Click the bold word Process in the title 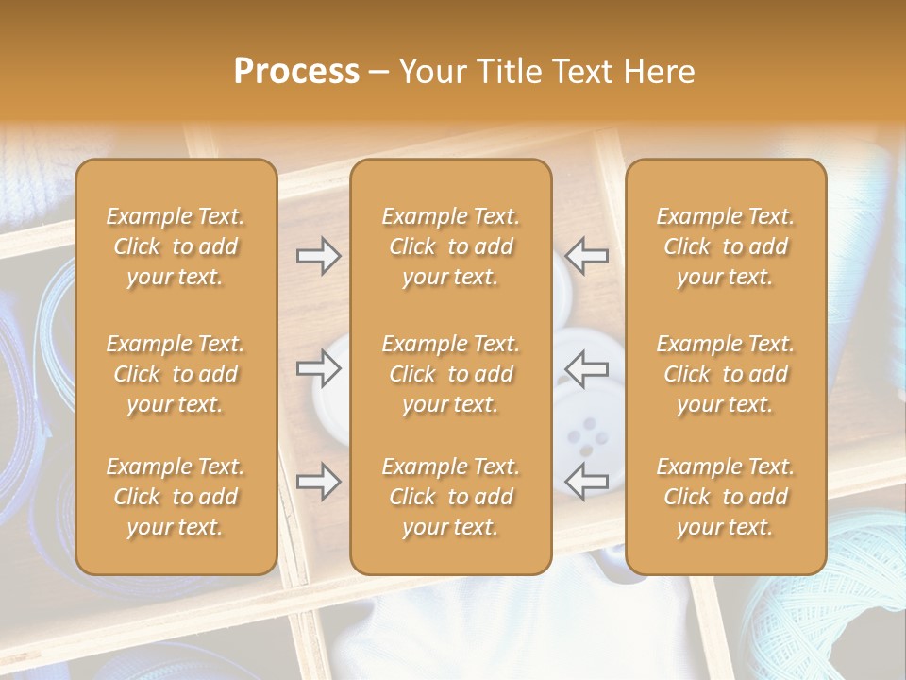click(x=296, y=72)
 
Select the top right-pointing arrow click(x=318, y=256)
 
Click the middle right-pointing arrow click(x=318, y=368)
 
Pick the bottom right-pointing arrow click(x=318, y=482)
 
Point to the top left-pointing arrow click(x=587, y=256)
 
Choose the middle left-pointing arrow click(x=587, y=368)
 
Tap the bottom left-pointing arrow click(x=587, y=482)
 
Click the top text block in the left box click(x=176, y=246)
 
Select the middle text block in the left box click(x=176, y=374)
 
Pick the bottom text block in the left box click(x=176, y=497)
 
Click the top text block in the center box click(x=451, y=246)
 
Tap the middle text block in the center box click(x=451, y=374)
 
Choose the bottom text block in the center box click(x=451, y=497)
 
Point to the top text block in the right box click(x=726, y=246)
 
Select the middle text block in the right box click(x=726, y=374)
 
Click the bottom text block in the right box click(x=726, y=497)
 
